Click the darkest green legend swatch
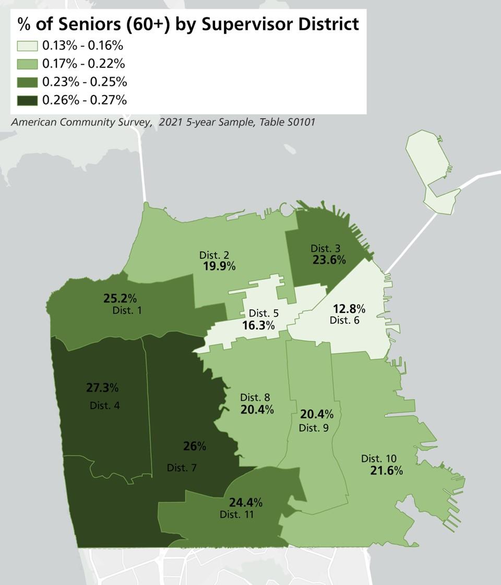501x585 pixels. (27, 100)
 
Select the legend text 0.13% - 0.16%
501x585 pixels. (82, 45)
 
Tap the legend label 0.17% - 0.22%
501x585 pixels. (83, 64)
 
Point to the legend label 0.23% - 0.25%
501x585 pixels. (85, 82)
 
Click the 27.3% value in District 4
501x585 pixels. (102, 388)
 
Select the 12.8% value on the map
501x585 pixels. (349, 308)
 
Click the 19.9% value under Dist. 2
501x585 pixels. (219, 266)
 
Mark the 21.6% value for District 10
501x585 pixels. (386, 471)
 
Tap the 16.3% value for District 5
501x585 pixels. (258, 326)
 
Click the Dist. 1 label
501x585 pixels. (127, 311)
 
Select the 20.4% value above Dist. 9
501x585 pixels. (317, 415)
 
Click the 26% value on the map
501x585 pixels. (195, 446)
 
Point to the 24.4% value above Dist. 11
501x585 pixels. (246, 503)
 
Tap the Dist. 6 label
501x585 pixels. (344, 320)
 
